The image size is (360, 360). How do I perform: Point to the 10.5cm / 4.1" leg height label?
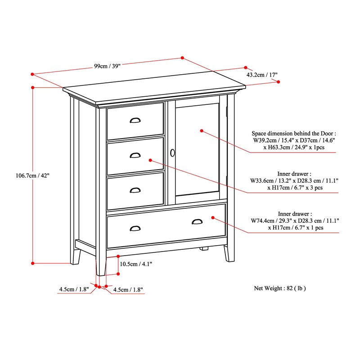pos(136,264)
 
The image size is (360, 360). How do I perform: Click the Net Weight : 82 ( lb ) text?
pos(282,288)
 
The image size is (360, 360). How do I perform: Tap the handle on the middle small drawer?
pos(135,155)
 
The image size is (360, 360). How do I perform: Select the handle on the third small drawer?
pos(135,190)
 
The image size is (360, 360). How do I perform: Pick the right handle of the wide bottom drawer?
pos(197,221)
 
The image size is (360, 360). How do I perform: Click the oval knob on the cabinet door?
pos(172,153)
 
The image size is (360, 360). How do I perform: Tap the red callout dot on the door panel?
pos(202,131)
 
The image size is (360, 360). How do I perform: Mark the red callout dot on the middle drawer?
pos(150,160)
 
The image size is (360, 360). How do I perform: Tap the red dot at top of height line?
pos(33,88)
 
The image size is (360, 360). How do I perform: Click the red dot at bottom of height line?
pos(33,263)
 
